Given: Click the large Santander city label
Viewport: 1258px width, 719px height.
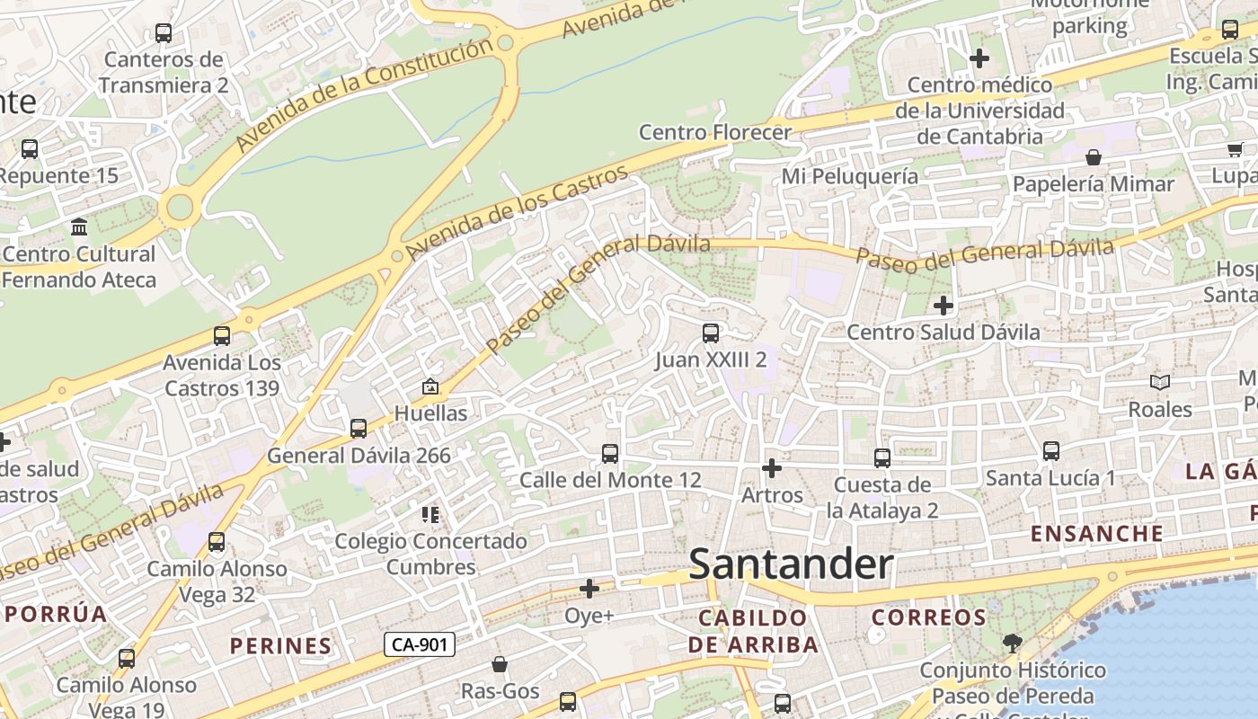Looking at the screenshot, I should [x=791, y=564].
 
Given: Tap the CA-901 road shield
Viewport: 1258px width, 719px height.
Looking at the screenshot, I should [x=420, y=644].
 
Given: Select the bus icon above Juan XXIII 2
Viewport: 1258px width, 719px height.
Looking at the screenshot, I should [x=711, y=333].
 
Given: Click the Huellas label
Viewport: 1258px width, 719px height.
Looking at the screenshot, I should [x=430, y=413].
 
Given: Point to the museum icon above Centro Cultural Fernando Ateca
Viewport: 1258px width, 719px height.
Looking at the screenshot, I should [x=79, y=226].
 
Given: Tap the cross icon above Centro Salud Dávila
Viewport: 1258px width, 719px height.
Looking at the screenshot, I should [x=943, y=306].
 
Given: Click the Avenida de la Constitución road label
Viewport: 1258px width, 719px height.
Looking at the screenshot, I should [x=364, y=94].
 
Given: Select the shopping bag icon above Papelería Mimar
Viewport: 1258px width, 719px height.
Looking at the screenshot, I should [x=1094, y=158].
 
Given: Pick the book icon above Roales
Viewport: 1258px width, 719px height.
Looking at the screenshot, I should [x=1160, y=383].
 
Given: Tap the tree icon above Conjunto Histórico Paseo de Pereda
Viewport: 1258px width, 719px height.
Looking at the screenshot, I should [x=1012, y=644].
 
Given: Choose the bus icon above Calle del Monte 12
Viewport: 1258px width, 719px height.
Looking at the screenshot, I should [x=610, y=454].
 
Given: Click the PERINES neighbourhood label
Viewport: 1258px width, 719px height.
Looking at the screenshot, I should [x=280, y=645].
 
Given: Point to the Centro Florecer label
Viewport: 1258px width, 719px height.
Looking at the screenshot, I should [x=714, y=132].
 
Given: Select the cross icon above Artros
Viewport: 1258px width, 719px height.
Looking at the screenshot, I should [x=772, y=468].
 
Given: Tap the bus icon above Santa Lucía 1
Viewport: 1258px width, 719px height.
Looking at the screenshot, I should [x=1050, y=451].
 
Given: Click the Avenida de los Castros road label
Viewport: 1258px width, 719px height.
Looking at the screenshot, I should [x=517, y=212].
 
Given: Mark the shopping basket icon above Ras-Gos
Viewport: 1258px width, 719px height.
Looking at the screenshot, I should [x=500, y=665].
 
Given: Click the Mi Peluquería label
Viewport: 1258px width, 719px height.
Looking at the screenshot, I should [x=849, y=176].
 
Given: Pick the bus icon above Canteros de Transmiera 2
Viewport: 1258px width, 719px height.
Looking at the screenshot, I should [x=164, y=33].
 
